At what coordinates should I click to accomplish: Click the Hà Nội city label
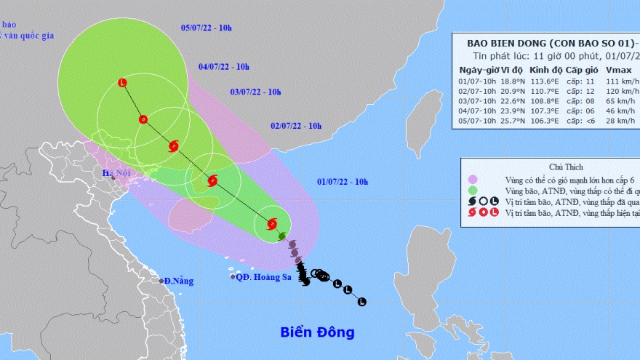115,173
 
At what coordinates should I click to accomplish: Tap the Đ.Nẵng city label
178,281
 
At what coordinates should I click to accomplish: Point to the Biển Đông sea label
317,332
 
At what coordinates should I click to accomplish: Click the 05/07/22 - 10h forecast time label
206,28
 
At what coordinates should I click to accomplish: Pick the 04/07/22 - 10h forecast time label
223,67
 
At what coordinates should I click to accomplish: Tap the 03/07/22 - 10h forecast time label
255,92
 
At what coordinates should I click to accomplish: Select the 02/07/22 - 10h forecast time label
296,125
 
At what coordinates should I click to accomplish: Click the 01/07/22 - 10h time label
343,182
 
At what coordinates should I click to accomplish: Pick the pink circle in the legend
472,179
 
